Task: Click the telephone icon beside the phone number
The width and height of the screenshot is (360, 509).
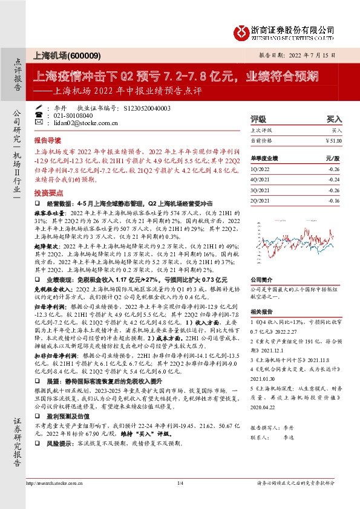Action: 40,114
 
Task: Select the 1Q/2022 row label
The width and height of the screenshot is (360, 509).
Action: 260,172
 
